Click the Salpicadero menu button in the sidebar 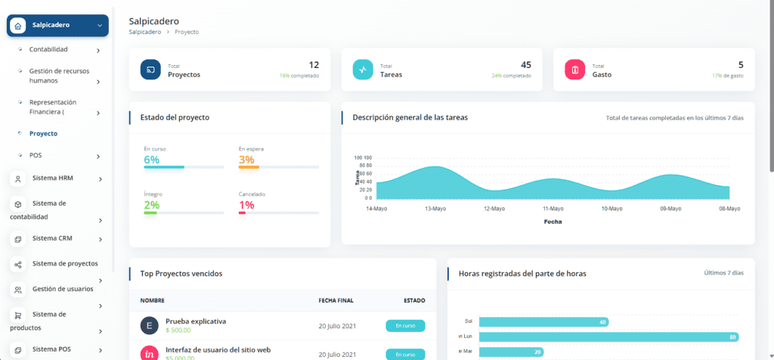57,26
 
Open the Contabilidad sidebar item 48,50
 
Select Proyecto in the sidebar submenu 43,133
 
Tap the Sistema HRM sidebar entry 53,178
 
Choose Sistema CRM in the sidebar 52,238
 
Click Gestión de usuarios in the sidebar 63,289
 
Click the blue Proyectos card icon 151,70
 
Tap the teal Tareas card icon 364,70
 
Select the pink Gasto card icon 575,70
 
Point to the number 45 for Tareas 526,65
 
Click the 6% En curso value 151,160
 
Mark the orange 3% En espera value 246,160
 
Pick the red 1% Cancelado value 246,205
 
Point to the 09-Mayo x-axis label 671,208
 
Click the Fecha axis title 553,222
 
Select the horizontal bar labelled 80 608,337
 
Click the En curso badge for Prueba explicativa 405,326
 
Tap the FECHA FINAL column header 336,300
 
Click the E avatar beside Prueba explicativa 149,326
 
